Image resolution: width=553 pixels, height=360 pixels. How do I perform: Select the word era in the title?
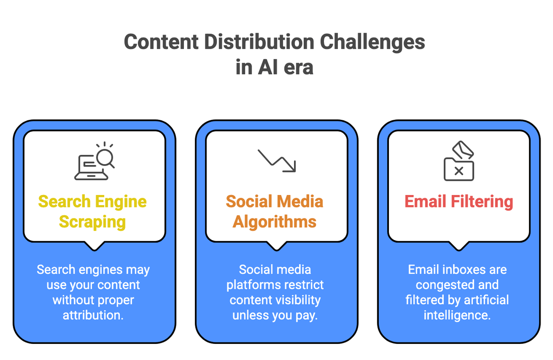pyautogui.click(x=295, y=67)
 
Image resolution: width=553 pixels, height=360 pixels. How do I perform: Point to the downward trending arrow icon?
pyautogui.click(x=276, y=160)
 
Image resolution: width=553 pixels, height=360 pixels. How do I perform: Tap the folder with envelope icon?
pyautogui.click(x=459, y=161)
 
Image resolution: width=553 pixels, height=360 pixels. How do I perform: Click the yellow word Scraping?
pyautogui.click(x=92, y=222)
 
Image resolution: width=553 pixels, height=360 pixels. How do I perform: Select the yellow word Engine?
pyautogui.click(x=121, y=201)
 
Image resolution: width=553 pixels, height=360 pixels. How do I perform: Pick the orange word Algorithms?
pyautogui.click(x=275, y=222)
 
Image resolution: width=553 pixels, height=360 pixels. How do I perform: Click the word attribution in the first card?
pyautogui.click(x=93, y=315)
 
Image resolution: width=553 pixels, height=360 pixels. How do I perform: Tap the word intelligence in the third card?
pyautogui.click(x=457, y=315)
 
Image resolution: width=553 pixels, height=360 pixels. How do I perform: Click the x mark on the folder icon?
pyautogui.click(x=459, y=171)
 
